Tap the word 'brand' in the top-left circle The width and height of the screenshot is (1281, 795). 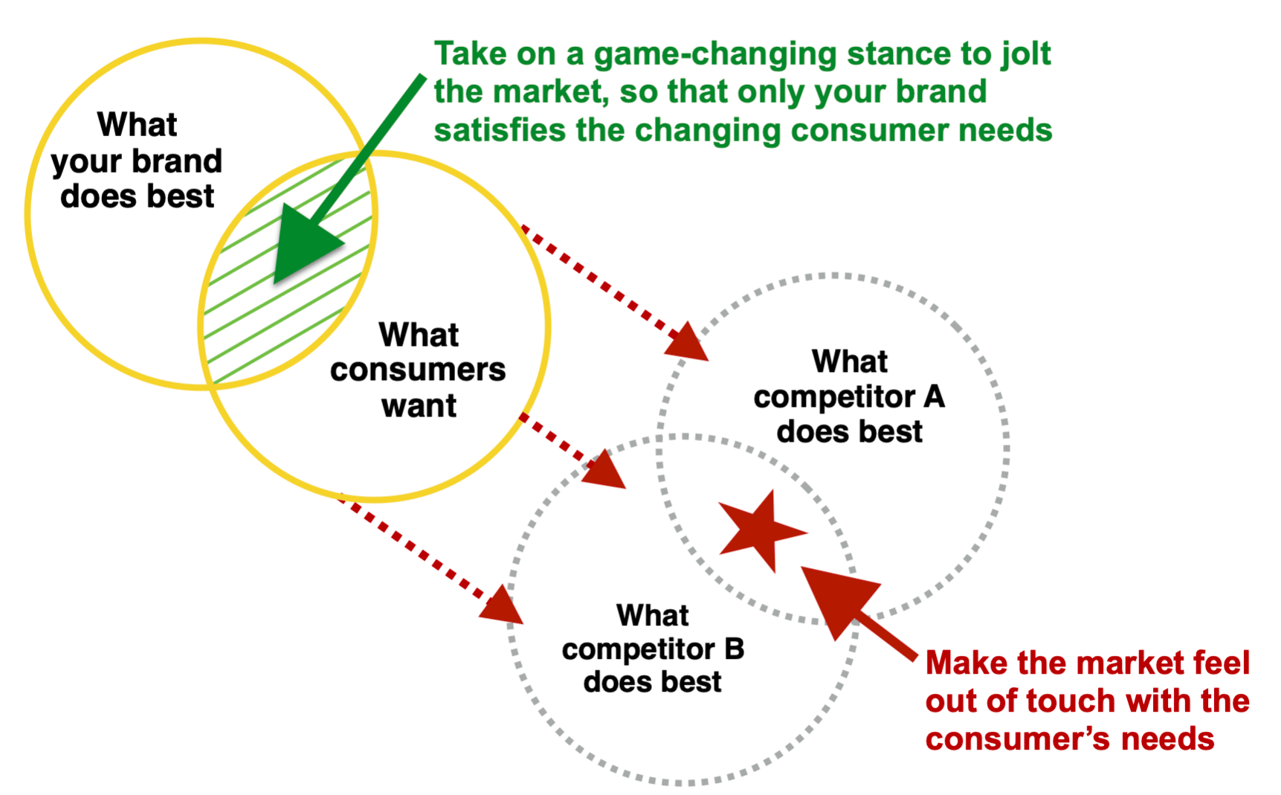[177, 161]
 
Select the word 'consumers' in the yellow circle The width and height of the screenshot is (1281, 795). [418, 370]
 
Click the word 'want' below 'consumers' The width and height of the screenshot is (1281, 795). [419, 406]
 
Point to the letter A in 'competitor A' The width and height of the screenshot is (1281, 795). [934, 396]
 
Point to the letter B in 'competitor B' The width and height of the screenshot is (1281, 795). [734, 649]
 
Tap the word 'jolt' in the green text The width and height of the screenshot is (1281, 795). [1025, 54]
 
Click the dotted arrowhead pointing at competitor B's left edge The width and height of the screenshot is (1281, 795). [503, 605]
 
